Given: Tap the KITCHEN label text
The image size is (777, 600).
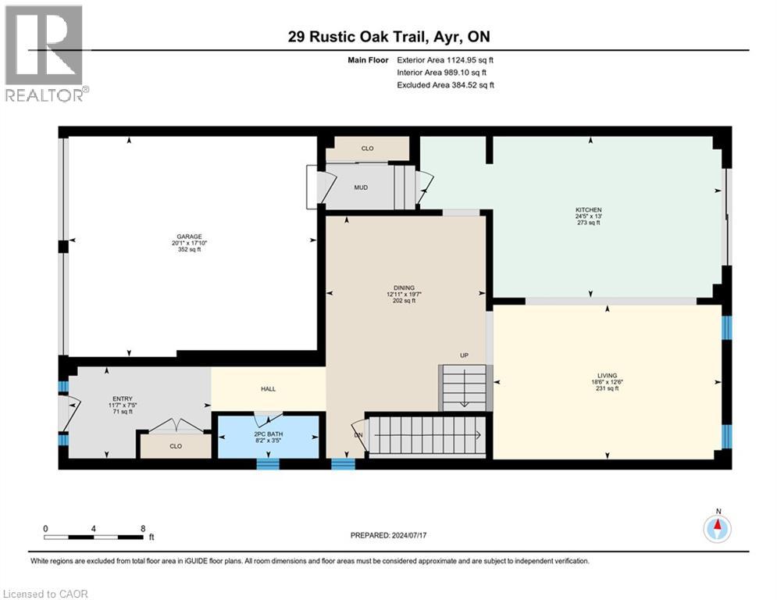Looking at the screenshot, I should pos(590,209).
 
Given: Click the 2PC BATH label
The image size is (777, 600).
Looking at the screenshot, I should pos(268,434).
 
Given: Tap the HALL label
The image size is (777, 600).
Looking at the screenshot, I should pos(268,389).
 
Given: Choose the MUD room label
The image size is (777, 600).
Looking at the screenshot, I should pos(361,187).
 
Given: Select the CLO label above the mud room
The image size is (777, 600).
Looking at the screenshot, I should pos(368,147).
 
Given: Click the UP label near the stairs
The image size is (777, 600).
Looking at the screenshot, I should pos(463,355).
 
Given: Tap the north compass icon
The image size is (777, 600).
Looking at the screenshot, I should pos(716,529).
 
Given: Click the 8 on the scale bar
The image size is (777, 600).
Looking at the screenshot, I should pos(143,528).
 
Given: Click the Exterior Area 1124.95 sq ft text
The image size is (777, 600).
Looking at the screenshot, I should pos(445,59).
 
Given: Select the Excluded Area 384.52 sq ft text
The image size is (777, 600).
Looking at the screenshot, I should pos(445,85).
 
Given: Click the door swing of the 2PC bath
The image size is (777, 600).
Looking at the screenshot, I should pos(268,419).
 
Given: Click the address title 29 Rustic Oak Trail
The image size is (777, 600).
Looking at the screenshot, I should pos(388,36).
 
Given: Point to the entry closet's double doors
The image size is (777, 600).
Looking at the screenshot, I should pos(176,427).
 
